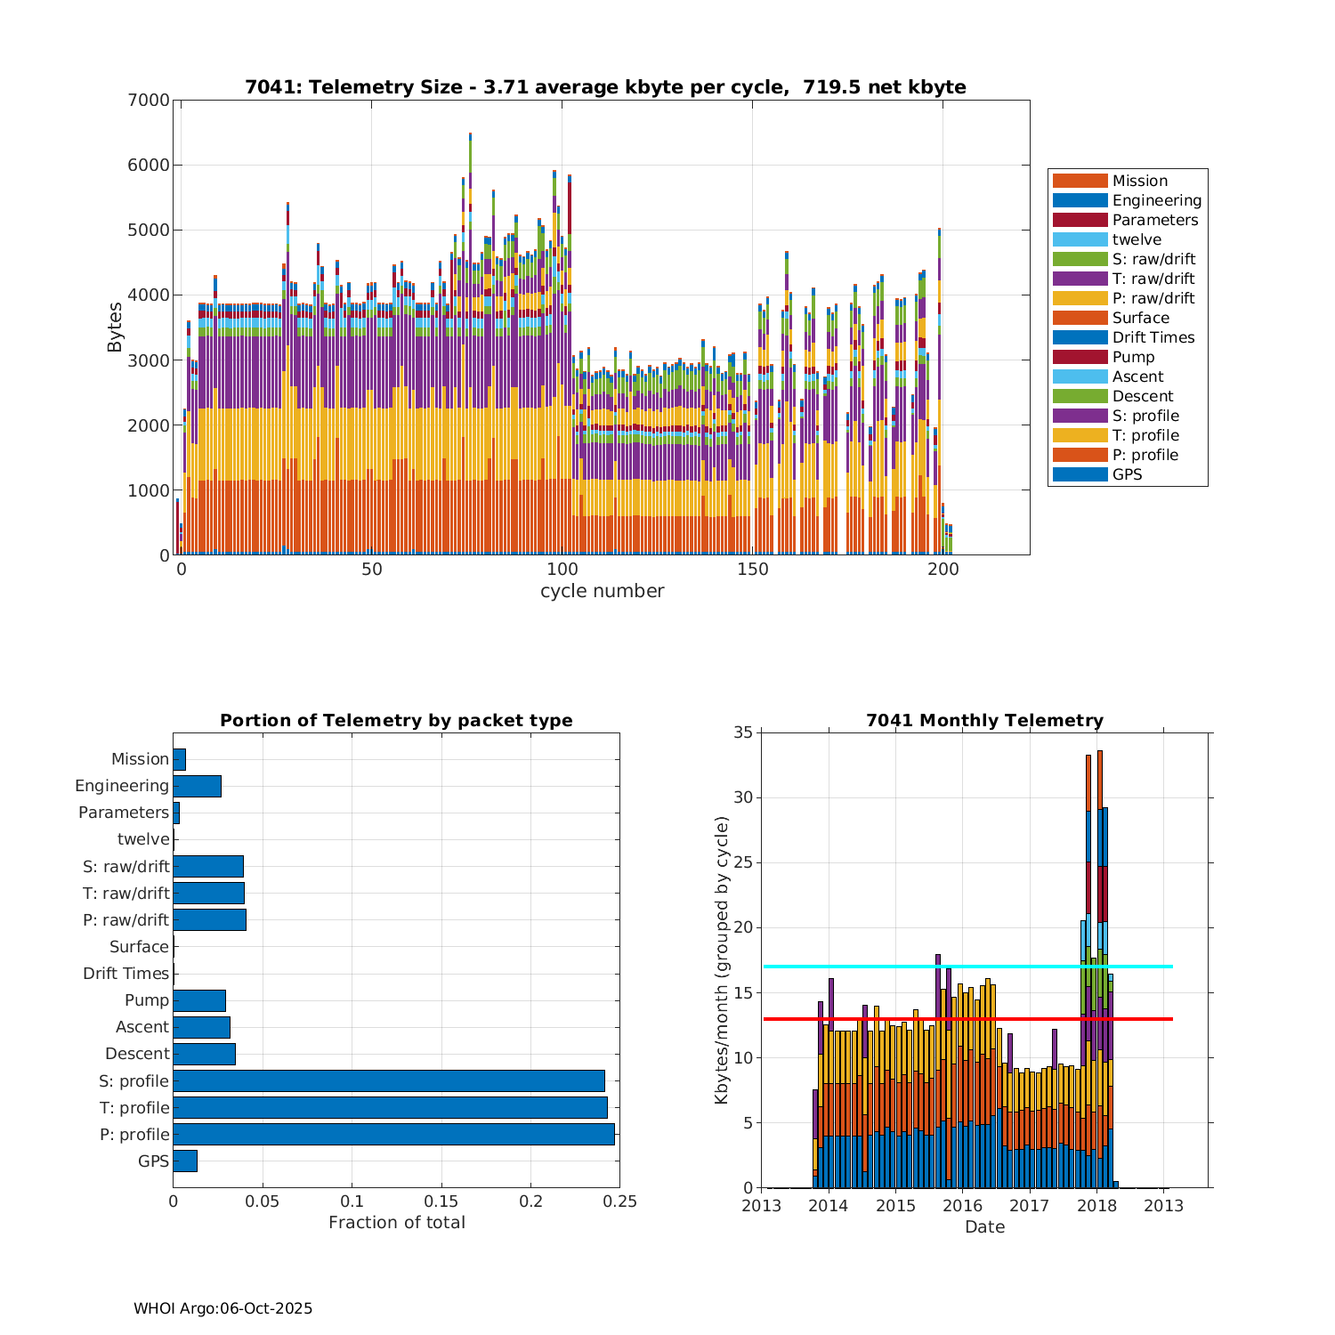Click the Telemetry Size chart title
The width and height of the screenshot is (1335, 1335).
[x=605, y=87]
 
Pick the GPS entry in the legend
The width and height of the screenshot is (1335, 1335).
[x=1127, y=474]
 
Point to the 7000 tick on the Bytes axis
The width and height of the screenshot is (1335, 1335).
[x=148, y=101]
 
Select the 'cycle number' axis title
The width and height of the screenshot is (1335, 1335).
[x=602, y=591]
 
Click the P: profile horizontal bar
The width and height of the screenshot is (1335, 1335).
[x=393, y=1134]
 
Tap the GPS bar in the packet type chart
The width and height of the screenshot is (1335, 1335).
[x=185, y=1161]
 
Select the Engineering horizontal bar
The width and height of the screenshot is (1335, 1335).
[x=197, y=786]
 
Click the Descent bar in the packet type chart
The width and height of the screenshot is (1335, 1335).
[x=204, y=1054]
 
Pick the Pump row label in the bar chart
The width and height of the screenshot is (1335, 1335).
[x=147, y=1000]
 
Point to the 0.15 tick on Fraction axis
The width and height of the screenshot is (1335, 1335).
[x=441, y=1201]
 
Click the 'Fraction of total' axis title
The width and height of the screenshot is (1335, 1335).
[x=397, y=1223]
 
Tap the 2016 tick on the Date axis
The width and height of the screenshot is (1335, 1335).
[x=962, y=1206]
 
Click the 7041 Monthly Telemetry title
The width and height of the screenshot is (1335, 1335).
[x=984, y=720]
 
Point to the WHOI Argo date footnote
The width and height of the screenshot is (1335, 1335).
[x=222, y=1308]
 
